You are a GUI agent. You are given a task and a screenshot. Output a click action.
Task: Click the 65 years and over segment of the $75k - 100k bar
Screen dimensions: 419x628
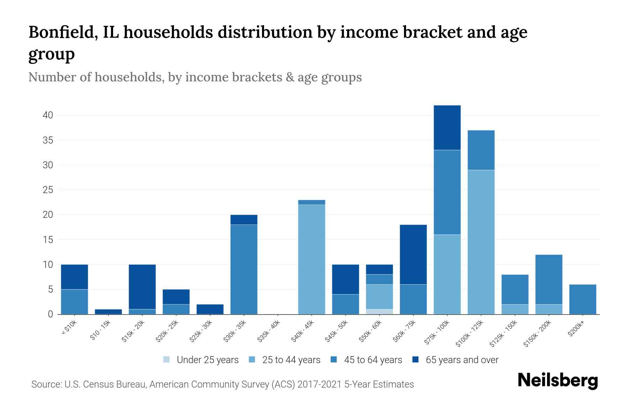[x=447, y=127]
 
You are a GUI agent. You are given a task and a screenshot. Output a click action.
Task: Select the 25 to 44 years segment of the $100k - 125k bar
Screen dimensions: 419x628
[x=481, y=242]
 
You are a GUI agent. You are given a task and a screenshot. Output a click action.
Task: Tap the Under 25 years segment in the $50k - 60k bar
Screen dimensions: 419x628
[x=379, y=311]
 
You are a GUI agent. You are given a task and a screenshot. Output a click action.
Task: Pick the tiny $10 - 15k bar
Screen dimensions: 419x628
[x=108, y=311]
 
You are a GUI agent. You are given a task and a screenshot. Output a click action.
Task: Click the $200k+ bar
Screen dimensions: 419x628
[x=582, y=299]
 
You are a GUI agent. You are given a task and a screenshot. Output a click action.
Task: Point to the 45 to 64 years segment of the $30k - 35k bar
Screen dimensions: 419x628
[x=244, y=269]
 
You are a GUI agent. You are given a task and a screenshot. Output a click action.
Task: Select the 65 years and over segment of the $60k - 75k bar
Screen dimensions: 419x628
[x=413, y=254]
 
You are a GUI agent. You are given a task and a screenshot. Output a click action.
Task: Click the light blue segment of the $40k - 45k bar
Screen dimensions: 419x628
[x=312, y=259]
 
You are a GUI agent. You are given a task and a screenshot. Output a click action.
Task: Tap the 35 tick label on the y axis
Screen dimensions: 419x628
[x=48, y=140]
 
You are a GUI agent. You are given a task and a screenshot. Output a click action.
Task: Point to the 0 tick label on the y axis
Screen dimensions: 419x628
[x=50, y=314]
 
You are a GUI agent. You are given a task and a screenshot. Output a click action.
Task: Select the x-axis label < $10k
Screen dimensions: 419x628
[x=69, y=328]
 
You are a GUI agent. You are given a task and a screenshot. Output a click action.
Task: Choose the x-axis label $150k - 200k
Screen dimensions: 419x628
[x=537, y=334]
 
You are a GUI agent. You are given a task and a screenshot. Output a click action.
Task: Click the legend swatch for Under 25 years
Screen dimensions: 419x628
[x=167, y=359]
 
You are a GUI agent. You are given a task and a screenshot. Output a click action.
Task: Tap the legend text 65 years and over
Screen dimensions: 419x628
[x=462, y=360]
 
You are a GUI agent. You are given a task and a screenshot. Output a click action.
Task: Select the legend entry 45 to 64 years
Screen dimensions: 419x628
[x=373, y=360]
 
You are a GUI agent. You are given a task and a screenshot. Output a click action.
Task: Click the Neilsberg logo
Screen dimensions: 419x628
[x=558, y=381]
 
